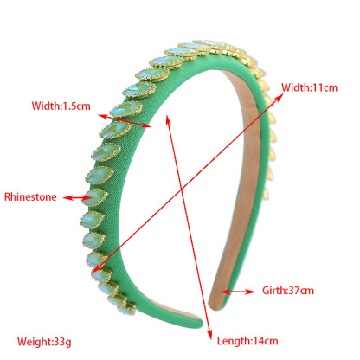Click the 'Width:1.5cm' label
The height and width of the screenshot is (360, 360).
tap(61, 106)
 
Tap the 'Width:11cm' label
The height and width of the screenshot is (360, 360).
tap(309, 87)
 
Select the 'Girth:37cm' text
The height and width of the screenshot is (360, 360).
tap(288, 290)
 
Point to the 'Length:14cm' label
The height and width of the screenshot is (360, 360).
tap(247, 341)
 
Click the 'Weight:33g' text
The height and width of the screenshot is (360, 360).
tap(44, 342)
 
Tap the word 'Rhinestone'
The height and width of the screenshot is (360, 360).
tap(30, 197)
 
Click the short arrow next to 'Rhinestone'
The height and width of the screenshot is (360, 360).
tap(77, 198)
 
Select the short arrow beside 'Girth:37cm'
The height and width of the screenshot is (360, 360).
tap(238, 292)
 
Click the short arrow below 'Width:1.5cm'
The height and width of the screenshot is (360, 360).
tap(125, 121)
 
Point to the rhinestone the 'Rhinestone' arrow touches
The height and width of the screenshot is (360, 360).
tap(95, 197)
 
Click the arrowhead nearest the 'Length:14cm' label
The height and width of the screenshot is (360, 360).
tap(209, 335)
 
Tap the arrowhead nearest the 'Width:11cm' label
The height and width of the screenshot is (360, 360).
tap(279, 97)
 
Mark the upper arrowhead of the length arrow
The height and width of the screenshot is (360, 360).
tap(168, 119)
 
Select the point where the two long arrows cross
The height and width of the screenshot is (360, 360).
tap(182, 190)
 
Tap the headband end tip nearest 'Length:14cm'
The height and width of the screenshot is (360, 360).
tap(197, 322)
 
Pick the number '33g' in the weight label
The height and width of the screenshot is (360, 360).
tap(62, 342)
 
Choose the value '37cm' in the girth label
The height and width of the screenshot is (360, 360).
tap(301, 290)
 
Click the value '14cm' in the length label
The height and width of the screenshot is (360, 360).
tap(266, 341)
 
